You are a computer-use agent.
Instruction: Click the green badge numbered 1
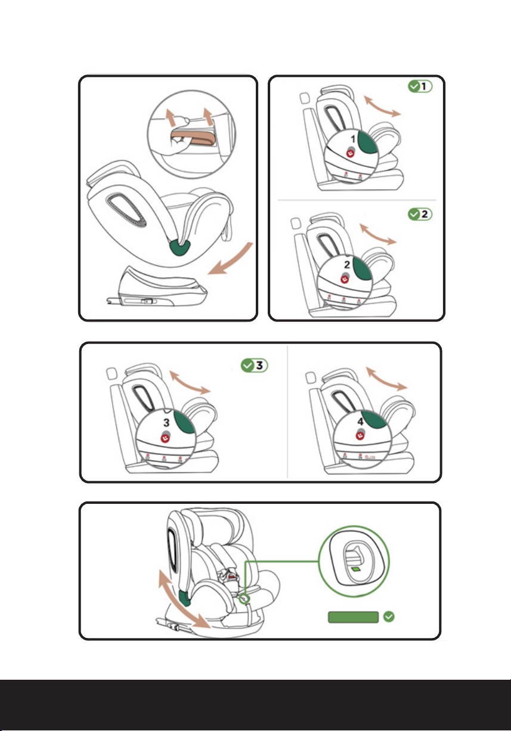[420, 86]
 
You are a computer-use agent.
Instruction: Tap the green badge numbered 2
[420, 213]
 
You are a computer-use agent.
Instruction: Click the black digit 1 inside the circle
[354, 139]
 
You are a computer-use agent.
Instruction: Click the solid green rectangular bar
[352, 617]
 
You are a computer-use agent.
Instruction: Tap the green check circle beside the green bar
[389, 617]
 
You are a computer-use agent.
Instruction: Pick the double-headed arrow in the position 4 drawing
[386, 379]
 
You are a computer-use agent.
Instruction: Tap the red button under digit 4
[360, 437]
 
